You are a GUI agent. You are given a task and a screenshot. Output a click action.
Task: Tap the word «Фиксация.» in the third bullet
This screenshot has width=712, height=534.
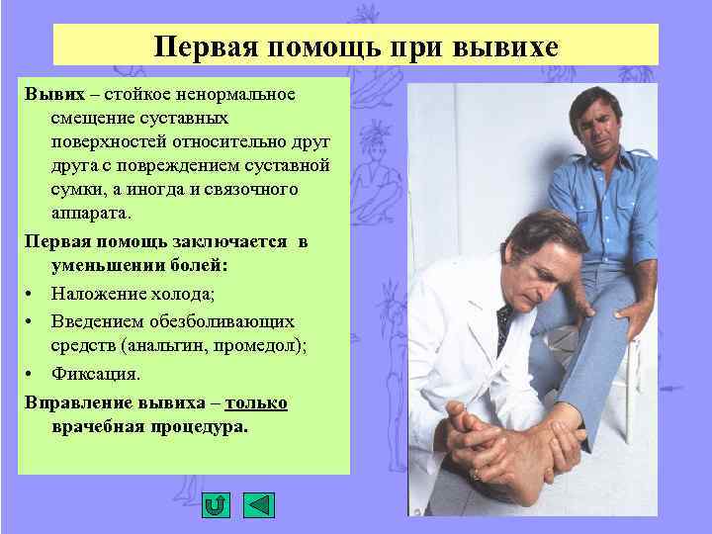[x=96, y=375]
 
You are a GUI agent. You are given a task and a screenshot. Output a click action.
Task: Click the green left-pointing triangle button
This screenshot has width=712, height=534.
[x=259, y=505]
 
